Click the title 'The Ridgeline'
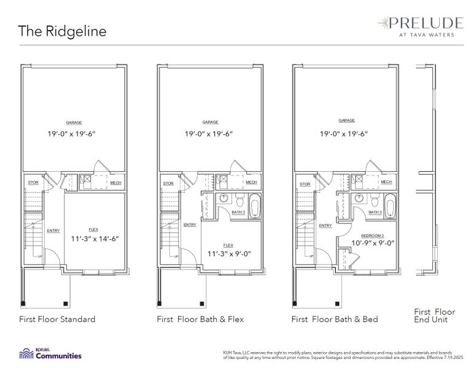click(61, 31)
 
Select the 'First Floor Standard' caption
click(57, 319)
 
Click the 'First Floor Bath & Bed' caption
click(335, 319)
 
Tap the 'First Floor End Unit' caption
click(434, 315)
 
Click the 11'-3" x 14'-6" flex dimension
click(94, 239)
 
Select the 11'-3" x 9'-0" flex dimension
click(230, 253)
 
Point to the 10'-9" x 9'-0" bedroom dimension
click(364, 243)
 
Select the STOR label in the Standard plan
click(33, 183)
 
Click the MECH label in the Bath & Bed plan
click(386, 182)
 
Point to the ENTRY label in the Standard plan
click(53, 230)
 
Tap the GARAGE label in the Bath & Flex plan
click(210, 122)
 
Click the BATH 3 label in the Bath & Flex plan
click(239, 212)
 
